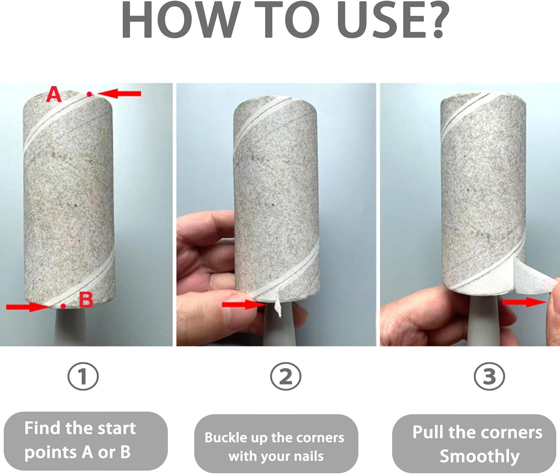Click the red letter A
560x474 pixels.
[54, 94]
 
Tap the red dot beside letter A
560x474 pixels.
[89, 94]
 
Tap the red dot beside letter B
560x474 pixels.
[63, 306]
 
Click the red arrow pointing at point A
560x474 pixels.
[119, 93]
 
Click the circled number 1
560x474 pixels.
[83, 377]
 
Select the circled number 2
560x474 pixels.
[286, 377]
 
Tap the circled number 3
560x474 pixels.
[489, 377]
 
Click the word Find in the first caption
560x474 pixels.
[42, 428]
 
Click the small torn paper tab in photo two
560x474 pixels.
[278, 304]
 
